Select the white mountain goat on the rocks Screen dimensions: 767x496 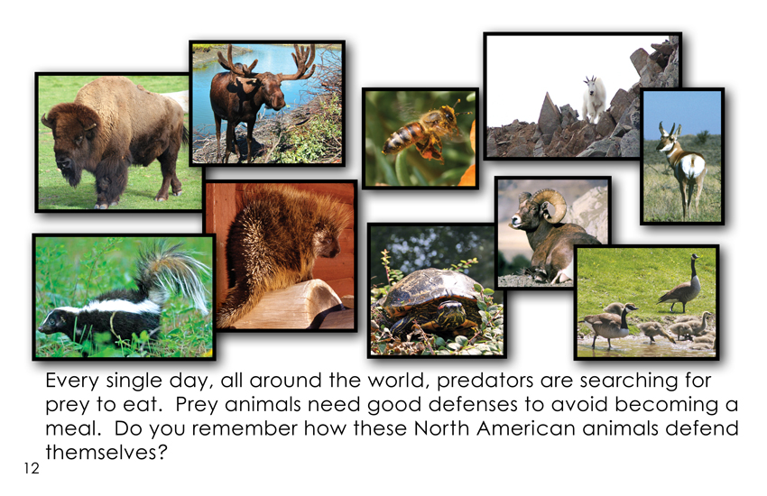(x=595, y=99)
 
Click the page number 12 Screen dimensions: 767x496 (x=32, y=468)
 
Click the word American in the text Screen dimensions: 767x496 (x=526, y=428)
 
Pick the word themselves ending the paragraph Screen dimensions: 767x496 (x=106, y=452)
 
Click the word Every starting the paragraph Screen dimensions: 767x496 (x=72, y=381)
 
